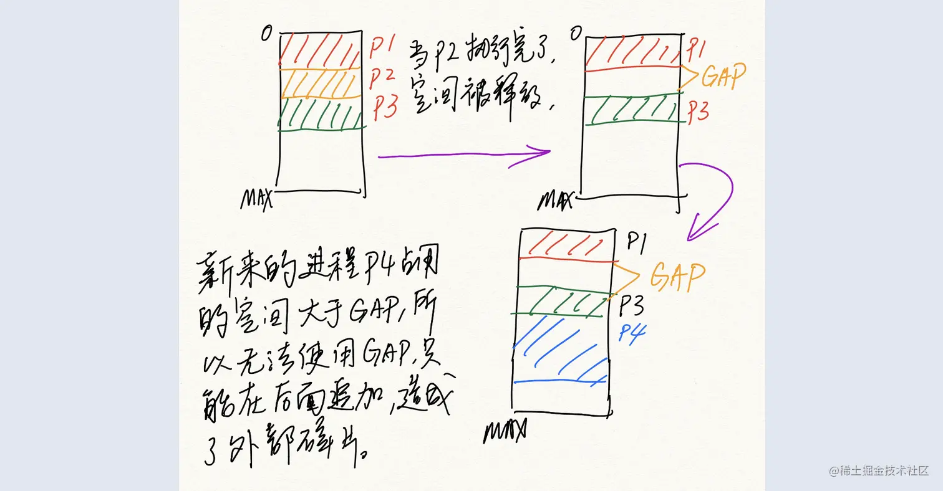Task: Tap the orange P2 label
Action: click(x=382, y=77)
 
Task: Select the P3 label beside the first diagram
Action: click(x=385, y=108)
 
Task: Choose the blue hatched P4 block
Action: click(x=559, y=349)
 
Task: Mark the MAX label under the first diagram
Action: click(x=257, y=199)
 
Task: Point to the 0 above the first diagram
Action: click(x=266, y=34)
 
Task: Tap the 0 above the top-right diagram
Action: click(x=574, y=32)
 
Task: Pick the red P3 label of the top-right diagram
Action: click(x=699, y=111)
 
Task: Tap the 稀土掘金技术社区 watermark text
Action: click(x=884, y=471)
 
